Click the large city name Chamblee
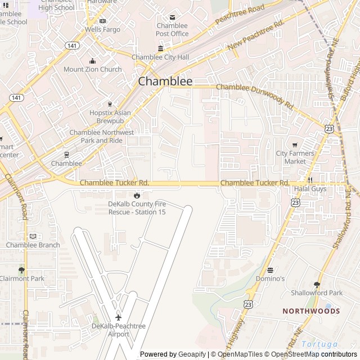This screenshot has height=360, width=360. (x=165, y=82)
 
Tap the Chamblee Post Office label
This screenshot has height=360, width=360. (x=172, y=29)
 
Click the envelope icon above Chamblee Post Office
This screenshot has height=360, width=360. (x=172, y=17)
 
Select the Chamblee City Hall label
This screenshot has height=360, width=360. (x=160, y=57)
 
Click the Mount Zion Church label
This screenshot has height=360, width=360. (x=93, y=69)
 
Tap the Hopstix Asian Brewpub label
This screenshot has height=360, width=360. (x=110, y=116)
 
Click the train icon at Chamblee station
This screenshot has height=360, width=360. (x=66, y=154)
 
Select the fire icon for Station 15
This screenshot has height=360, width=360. (x=136, y=195)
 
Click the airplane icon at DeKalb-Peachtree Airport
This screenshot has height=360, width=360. (x=118, y=317)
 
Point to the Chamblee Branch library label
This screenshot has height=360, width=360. (x=33, y=245)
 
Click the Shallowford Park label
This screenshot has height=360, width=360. (x=317, y=292)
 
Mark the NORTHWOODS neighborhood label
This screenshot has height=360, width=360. (x=311, y=310)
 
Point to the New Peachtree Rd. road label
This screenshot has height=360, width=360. (x=256, y=39)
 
